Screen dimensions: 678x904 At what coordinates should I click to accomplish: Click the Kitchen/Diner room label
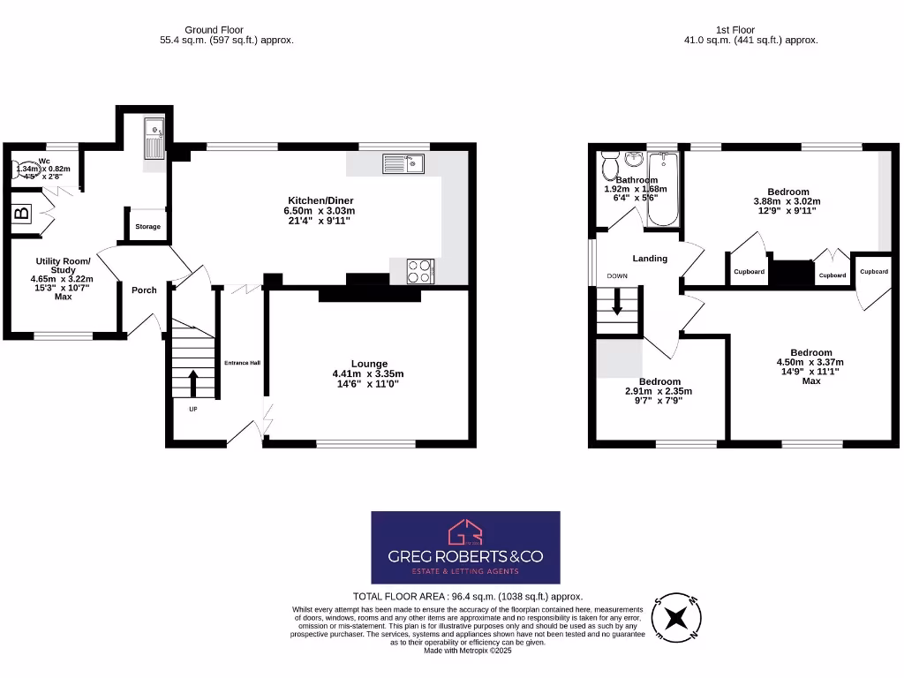(x=319, y=200)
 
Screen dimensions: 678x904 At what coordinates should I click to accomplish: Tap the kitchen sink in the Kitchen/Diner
(x=403, y=163)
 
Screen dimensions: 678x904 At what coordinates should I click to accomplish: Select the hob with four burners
(x=419, y=271)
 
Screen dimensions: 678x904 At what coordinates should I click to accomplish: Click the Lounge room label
(x=369, y=363)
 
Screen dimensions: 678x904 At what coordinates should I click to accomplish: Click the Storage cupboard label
(x=148, y=227)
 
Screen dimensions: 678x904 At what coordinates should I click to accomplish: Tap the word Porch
(x=144, y=290)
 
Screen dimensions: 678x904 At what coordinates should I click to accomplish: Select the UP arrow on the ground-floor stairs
(x=193, y=385)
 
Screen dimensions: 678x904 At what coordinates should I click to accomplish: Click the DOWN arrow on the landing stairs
(x=617, y=305)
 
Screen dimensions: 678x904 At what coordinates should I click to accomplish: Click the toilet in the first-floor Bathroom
(x=609, y=165)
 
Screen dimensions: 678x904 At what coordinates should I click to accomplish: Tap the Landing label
(x=650, y=259)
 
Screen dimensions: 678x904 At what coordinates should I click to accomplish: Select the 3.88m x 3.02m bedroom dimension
(x=787, y=201)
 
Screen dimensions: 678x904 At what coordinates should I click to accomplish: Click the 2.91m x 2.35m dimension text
(x=659, y=391)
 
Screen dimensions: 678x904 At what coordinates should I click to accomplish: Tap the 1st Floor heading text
(x=750, y=30)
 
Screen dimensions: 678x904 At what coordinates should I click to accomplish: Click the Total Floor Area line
(x=467, y=597)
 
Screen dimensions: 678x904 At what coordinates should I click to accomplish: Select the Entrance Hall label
(x=242, y=363)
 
